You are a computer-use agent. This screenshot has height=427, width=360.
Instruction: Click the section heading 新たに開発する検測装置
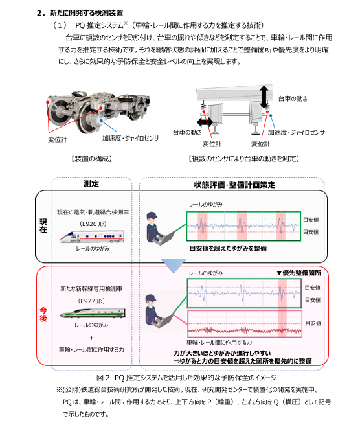(x=86, y=13)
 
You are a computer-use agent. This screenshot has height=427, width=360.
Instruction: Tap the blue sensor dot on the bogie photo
(x=101, y=120)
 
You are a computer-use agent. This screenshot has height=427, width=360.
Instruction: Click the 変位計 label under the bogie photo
(x=58, y=140)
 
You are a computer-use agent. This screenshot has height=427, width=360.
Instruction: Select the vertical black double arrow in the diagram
(x=264, y=97)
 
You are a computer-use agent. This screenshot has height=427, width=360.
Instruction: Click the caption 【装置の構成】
(x=92, y=159)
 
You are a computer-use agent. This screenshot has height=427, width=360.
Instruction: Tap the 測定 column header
(x=91, y=183)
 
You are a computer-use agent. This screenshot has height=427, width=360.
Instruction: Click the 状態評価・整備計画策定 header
(x=234, y=185)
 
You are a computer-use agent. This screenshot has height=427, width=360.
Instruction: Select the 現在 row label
(x=43, y=225)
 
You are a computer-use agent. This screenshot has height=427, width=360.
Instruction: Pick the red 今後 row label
(x=43, y=314)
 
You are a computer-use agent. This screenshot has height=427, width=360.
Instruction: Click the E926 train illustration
(x=92, y=237)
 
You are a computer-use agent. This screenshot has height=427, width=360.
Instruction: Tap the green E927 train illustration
(x=93, y=313)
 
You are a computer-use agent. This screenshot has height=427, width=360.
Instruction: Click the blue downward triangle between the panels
(x=174, y=266)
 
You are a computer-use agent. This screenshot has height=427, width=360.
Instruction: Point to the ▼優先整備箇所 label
(x=298, y=273)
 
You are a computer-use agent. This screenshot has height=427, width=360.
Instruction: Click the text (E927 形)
(x=91, y=301)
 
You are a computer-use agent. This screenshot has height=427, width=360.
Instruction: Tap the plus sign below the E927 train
(x=91, y=338)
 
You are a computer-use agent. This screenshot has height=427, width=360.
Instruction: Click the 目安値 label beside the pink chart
(x=313, y=323)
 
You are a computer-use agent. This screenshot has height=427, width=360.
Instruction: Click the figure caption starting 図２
(x=186, y=378)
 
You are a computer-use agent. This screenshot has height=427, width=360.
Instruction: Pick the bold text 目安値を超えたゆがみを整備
(x=228, y=248)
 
